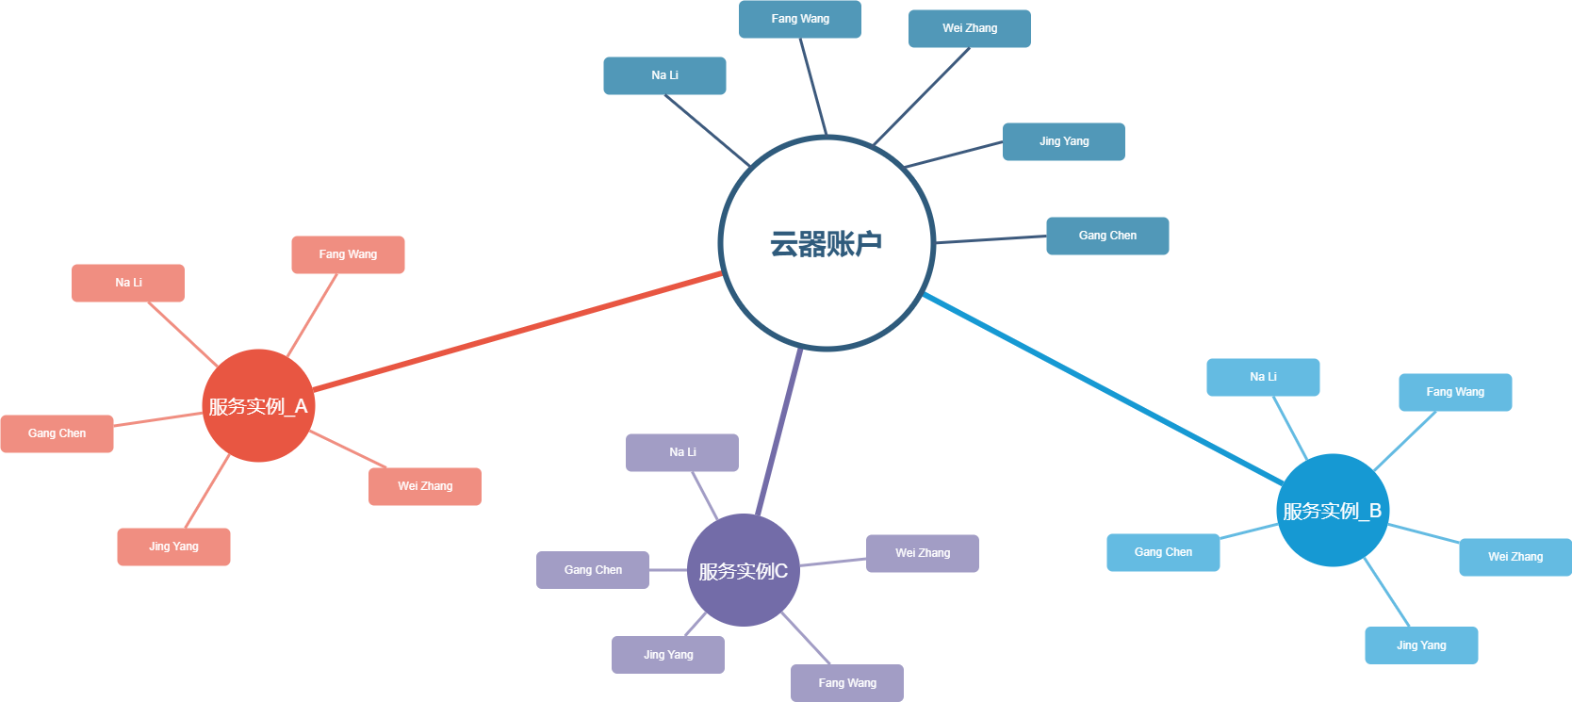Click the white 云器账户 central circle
[x=827, y=243]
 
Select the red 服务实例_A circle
[x=258, y=406]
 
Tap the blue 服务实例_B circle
[x=1333, y=510]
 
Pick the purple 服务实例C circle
[x=744, y=570]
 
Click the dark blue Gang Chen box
[x=1107, y=236]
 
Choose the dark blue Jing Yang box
[x=1064, y=141]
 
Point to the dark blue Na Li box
[x=664, y=75]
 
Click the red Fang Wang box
[x=348, y=254]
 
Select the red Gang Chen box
[x=57, y=433]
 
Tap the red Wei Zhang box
[x=425, y=486]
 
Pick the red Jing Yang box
[x=173, y=547]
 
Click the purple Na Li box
[x=682, y=452]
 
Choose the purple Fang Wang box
[x=847, y=683]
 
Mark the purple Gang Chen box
[x=593, y=570]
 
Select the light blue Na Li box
[x=1263, y=377]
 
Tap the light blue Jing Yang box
[x=1421, y=645]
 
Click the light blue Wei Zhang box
[x=1515, y=557]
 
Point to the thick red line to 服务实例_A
[x=518, y=331]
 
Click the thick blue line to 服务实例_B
[x=1103, y=388]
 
